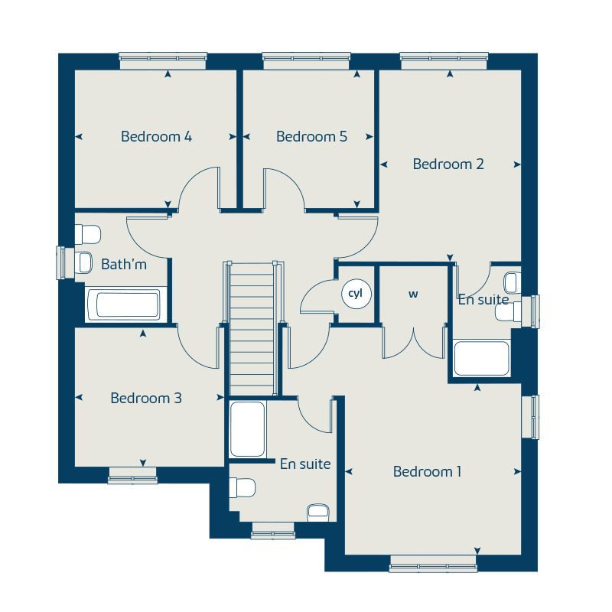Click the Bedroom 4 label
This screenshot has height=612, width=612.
tap(156, 137)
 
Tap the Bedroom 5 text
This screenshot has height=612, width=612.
tap(311, 137)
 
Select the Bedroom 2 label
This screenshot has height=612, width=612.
tap(448, 164)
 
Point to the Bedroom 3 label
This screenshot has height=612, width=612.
tap(145, 398)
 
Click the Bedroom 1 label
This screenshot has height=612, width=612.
tap(427, 471)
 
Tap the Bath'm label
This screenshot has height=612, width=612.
tap(123, 265)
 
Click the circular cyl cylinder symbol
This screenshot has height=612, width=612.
tap(356, 293)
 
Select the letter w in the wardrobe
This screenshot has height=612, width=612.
tap(413, 294)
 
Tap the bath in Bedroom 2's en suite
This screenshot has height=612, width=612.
tap(481, 358)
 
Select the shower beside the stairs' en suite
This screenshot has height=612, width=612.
tap(248, 430)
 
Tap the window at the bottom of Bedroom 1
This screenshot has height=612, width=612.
tap(433, 567)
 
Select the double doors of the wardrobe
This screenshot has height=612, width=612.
tap(414, 341)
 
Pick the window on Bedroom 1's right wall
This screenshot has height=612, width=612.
tap(529, 416)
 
